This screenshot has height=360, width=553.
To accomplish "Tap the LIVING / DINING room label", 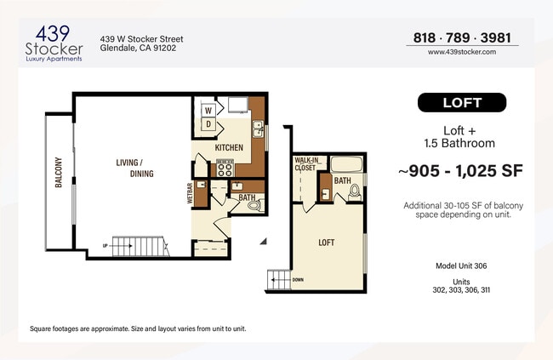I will point(129,167).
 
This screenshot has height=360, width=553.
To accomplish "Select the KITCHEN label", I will point(229,148).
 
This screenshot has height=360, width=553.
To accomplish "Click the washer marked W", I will point(208,110).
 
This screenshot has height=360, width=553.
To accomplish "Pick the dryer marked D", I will point(208,124).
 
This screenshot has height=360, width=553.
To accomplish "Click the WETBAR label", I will point(190,193).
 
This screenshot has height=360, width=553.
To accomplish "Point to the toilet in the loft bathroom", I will point(355,193).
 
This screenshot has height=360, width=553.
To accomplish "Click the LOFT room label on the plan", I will point(326,243).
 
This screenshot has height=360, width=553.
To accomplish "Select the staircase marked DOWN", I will point(280,280).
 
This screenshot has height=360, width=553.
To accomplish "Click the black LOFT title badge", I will point(462,103).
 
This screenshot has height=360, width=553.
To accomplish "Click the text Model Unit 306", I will point(461,266).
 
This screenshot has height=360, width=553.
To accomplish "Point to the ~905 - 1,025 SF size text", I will point(460,171).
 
